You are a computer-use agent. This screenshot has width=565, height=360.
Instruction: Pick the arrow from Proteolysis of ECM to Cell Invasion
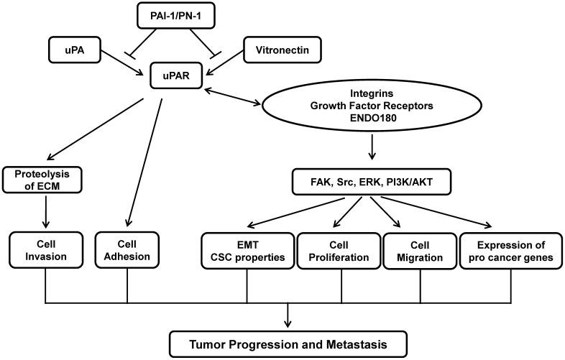45,211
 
